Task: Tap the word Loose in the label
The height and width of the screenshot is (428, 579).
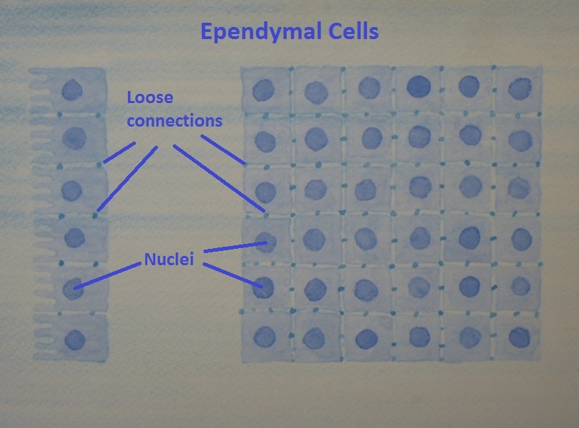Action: [150, 97]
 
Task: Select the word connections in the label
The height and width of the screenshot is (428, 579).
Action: [174, 120]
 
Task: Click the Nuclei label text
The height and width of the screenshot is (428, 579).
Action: [171, 258]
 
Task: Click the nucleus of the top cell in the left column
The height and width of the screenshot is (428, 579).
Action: [71, 90]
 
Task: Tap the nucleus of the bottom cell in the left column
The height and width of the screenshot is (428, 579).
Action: [74, 341]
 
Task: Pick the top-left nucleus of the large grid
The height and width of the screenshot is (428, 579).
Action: [263, 90]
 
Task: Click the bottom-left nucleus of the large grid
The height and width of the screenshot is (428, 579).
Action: [265, 336]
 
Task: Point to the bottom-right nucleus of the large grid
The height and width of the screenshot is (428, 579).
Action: [520, 336]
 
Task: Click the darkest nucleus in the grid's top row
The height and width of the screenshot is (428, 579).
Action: [419, 86]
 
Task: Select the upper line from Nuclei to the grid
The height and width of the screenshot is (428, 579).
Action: [235, 247]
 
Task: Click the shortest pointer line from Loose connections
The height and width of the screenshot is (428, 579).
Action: [120, 152]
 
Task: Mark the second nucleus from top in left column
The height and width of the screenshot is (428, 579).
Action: [74, 137]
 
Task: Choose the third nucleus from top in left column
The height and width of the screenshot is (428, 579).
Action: [71, 191]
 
